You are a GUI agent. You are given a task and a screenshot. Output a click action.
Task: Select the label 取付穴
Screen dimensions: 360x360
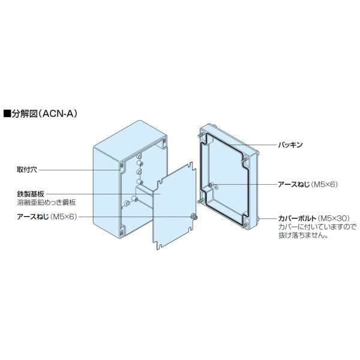coord(27,170)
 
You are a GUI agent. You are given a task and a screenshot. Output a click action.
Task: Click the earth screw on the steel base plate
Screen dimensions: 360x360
coord(194,217)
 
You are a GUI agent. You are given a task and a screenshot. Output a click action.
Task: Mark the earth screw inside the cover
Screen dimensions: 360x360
coord(212,186)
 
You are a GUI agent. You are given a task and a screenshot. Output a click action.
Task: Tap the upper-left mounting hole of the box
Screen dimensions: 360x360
coord(122,164)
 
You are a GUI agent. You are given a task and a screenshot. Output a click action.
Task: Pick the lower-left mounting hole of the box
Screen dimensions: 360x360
coord(122,229)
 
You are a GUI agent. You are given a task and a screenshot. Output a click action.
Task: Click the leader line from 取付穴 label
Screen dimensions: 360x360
coord(78,170)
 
